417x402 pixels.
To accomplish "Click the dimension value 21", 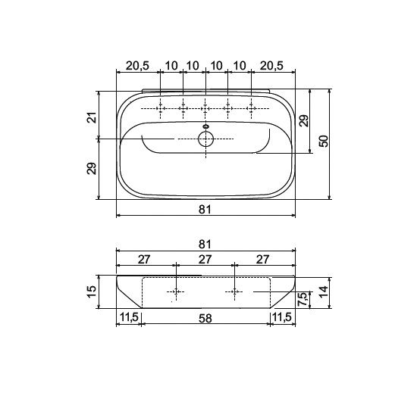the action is coord(92,117).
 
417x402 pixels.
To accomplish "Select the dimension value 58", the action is coord(205,318).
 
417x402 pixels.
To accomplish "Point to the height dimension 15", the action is coord(91,291).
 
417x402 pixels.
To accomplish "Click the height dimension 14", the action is coord(324,291).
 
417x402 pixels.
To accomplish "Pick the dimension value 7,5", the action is coord(303,299).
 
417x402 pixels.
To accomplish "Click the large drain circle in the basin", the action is coord(205,139).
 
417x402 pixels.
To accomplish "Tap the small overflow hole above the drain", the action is coord(205,126).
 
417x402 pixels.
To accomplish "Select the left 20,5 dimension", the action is coord(137,65).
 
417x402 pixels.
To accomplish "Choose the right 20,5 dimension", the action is coord(271,65).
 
